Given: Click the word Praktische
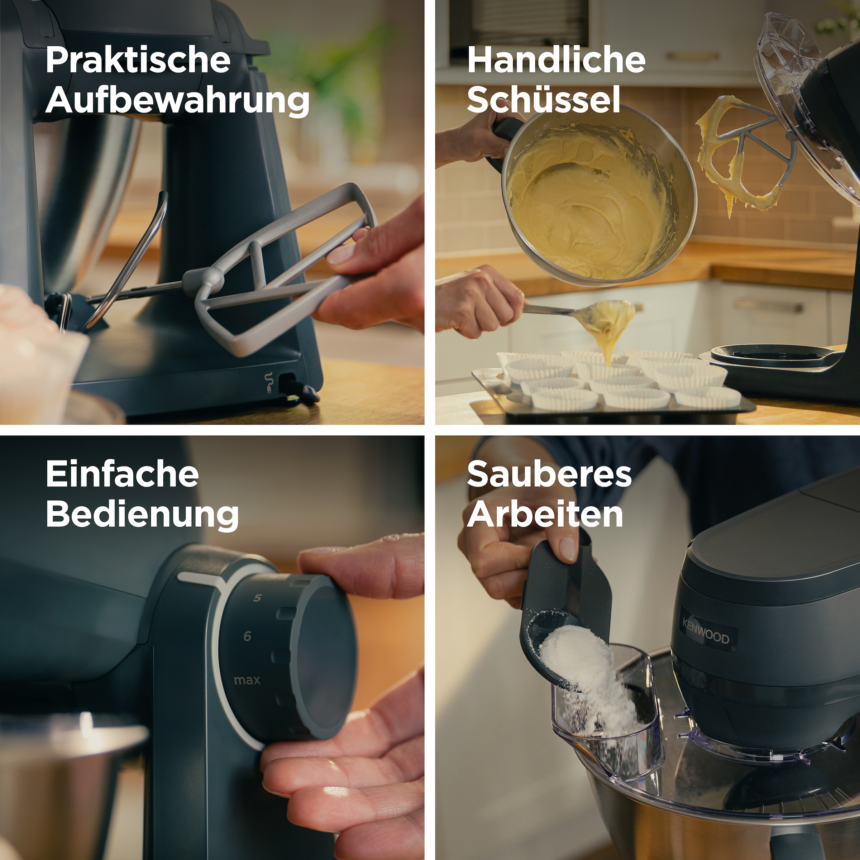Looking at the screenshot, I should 138,61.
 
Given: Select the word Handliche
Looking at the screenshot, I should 556,61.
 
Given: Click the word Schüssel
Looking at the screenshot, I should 544,100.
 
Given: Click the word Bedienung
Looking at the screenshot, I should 142,515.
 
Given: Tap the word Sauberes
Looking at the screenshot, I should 549,475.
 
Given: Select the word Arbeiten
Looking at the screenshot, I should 545,515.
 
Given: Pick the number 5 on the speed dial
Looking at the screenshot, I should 257,598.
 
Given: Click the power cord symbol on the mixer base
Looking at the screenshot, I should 268,382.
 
